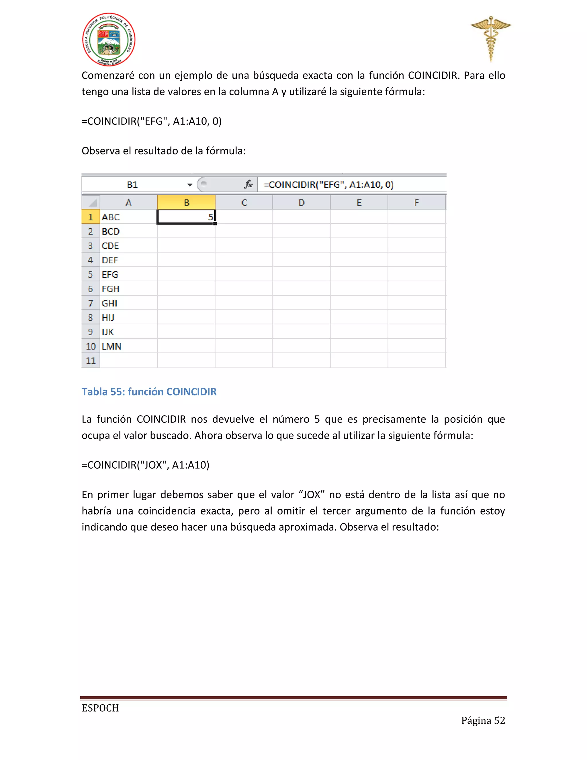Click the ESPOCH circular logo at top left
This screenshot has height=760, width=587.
109,40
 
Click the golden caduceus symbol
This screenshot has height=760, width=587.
491,38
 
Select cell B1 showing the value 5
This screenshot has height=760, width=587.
186,217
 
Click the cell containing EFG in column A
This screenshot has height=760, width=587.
128,274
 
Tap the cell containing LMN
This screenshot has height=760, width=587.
128,346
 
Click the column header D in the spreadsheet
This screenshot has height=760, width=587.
301,202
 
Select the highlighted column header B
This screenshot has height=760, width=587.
186,202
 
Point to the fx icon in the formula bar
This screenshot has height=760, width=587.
248,184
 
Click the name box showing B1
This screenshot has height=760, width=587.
132,184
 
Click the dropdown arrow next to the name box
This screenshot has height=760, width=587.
190,185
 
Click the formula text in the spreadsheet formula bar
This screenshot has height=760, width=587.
328,184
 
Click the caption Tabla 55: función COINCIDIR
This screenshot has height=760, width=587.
149,391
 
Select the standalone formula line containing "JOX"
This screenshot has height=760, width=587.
145,465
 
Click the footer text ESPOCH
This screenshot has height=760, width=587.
100,708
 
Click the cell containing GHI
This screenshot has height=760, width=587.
128,303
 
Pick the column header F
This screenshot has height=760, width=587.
416,202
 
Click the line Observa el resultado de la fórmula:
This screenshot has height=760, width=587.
163,151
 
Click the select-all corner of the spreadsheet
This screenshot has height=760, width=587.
91,202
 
